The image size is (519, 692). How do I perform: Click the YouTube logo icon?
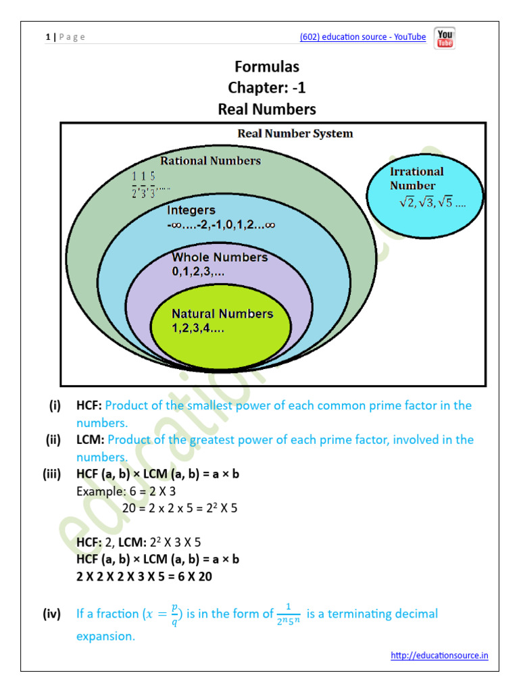click(x=445, y=38)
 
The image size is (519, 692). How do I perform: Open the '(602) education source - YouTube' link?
click(x=363, y=37)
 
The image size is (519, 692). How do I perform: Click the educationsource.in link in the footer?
click(x=439, y=655)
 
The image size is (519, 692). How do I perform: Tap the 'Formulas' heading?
click(x=267, y=66)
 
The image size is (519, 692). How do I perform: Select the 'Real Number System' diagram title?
click(x=295, y=133)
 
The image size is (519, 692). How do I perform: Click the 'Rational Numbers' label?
click(x=210, y=161)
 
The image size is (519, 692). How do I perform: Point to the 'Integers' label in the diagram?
click(x=191, y=210)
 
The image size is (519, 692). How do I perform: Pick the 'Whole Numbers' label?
click(x=220, y=257)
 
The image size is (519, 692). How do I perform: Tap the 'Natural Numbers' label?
click(x=222, y=314)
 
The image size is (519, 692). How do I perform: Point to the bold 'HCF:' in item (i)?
click(x=89, y=405)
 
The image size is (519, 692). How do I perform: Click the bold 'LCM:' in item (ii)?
click(x=90, y=440)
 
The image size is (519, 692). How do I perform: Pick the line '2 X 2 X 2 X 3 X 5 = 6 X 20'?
click(x=145, y=576)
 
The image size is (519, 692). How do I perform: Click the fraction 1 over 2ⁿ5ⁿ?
click(x=287, y=614)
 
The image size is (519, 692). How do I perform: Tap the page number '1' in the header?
click(x=47, y=37)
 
